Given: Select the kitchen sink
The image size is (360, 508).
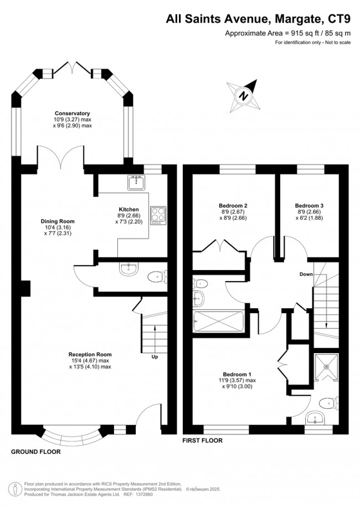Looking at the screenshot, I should [x=135, y=183].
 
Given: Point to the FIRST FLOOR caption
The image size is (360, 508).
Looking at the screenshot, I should [x=203, y=441].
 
